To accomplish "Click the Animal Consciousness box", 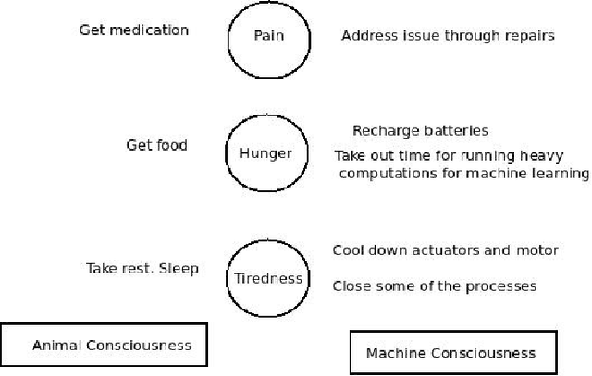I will click(x=104, y=346).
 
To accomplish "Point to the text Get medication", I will click(x=133, y=30).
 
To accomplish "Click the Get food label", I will click(x=156, y=144).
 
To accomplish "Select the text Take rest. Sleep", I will click(x=142, y=269).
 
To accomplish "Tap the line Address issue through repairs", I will click(x=448, y=37).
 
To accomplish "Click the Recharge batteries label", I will click(x=420, y=131).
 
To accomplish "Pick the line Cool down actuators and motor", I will click(x=445, y=250).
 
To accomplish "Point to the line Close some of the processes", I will click(x=434, y=286).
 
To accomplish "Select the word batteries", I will click(x=456, y=131).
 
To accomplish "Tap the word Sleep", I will click(x=181, y=269).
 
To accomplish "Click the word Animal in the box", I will click(x=57, y=346).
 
